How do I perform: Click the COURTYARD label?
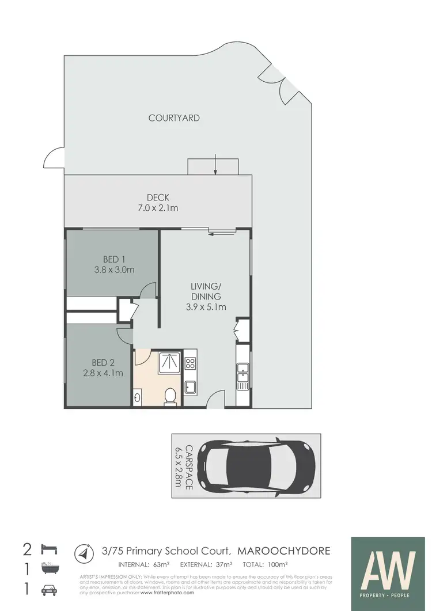point(174,118)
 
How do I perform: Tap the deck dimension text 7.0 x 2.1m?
point(157,208)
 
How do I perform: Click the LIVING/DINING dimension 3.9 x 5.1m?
point(206,307)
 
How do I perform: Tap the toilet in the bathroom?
point(170,396)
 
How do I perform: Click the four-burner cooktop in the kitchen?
point(190,363)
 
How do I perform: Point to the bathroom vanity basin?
point(138,396)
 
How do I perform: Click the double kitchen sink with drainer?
point(242,374)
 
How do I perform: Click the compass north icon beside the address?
point(84,554)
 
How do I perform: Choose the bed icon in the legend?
point(47,548)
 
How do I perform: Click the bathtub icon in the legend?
point(47,569)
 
